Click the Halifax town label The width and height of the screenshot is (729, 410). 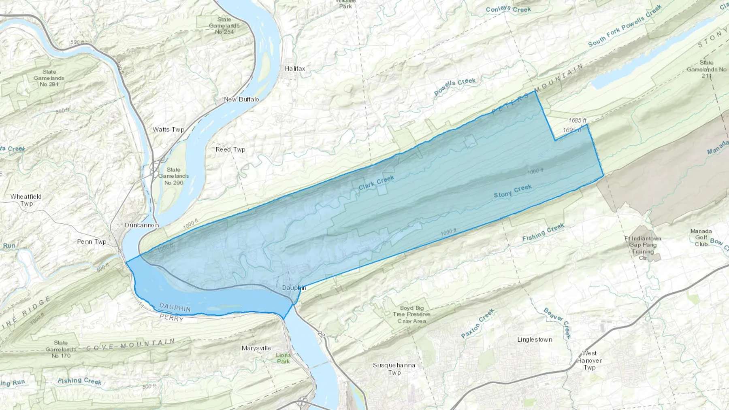point(295,68)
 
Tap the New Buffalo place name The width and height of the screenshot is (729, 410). point(241,99)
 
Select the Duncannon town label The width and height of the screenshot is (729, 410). point(142,225)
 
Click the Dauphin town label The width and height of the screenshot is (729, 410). point(294,288)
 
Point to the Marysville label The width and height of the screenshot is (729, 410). point(256,348)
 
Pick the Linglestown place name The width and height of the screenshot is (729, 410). point(535,340)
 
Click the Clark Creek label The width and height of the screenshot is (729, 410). point(376,183)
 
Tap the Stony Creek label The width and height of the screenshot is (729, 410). point(512,191)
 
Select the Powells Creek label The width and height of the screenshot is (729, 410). point(455,87)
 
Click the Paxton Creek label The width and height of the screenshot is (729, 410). point(478,323)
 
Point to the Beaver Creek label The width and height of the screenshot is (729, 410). point(557,323)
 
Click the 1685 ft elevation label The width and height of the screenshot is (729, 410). point(578,120)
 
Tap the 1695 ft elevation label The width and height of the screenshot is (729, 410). point(572,130)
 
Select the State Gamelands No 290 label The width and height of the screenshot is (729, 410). point(173,176)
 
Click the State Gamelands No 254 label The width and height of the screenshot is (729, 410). point(224,25)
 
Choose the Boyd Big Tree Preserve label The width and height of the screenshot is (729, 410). point(411,314)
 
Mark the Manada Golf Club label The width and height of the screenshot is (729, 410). point(701,238)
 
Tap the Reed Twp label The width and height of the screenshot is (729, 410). point(230,149)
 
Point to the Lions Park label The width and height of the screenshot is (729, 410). point(283,358)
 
